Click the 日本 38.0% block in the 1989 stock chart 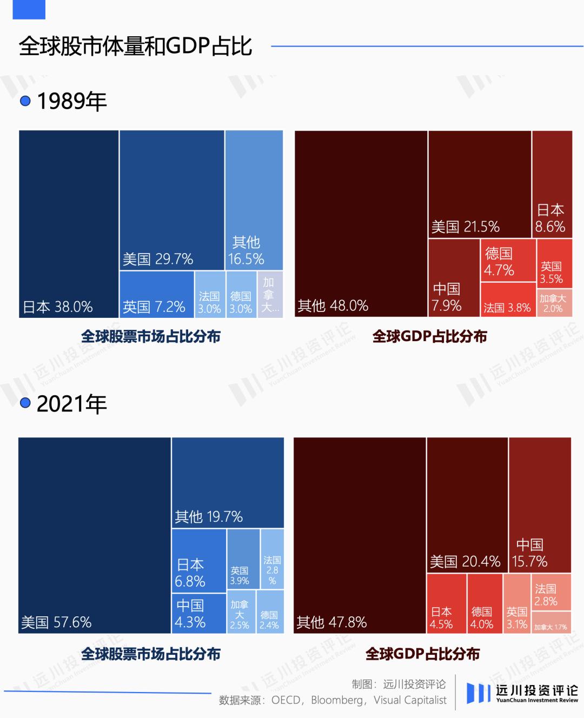(x=69, y=224)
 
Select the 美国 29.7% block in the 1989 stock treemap (x=172, y=200)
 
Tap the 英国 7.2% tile (x=156, y=295)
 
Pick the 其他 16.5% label (x=246, y=251)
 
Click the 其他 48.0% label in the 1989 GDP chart (x=333, y=306)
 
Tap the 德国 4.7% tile (x=508, y=261)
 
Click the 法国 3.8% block (x=508, y=300)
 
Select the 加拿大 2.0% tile (x=554, y=303)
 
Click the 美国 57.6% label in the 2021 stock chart (x=56, y=622)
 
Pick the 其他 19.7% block (x=228, y=482)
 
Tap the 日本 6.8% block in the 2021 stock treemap (x=198, y=561)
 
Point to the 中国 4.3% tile (x=198, y=613)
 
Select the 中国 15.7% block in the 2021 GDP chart (x=540, y=504)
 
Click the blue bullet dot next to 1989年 (x=25, y=101)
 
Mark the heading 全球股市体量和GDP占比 (x=135, y=46)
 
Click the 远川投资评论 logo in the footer (x=522, y=693)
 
